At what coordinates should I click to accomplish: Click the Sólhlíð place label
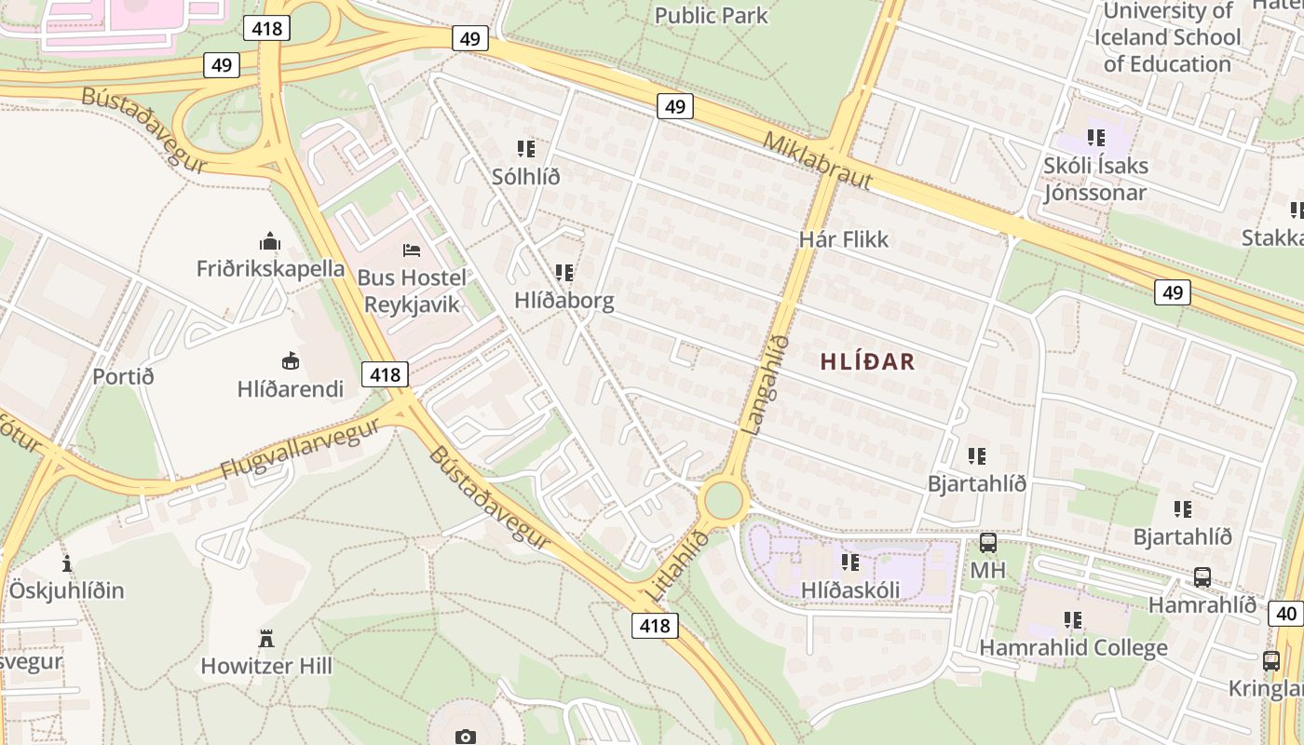[x=526, y=177]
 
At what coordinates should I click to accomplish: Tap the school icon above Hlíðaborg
[x=564, y=273]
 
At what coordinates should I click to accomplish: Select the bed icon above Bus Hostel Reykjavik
[x=412, y=250]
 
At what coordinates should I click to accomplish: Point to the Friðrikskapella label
[x=270, y=269]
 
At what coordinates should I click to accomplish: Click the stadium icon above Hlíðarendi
[x=291, y=360]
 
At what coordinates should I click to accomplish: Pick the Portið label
[x=123, y=377]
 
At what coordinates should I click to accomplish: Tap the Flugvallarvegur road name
[x=300, y=450]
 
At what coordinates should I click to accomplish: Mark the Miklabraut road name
[x=817, y=161]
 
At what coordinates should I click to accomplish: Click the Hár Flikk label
[x=844, y=239]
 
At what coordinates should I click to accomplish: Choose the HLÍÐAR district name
[x=868, y=362]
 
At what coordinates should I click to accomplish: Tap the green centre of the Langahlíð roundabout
[x=724, y=501]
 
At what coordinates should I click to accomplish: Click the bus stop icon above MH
[x=988, y=542]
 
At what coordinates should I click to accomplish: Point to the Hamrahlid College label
[x=1073, y=647]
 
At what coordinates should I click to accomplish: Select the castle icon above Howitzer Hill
[x=266, y=639]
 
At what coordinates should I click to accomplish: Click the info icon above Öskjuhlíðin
[x=67, y=563]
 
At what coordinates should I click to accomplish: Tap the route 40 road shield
[x=1285, y=614]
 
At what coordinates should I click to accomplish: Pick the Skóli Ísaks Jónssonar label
[x=1095, y=179]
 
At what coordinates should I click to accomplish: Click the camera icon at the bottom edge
[x=466, y=737]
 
